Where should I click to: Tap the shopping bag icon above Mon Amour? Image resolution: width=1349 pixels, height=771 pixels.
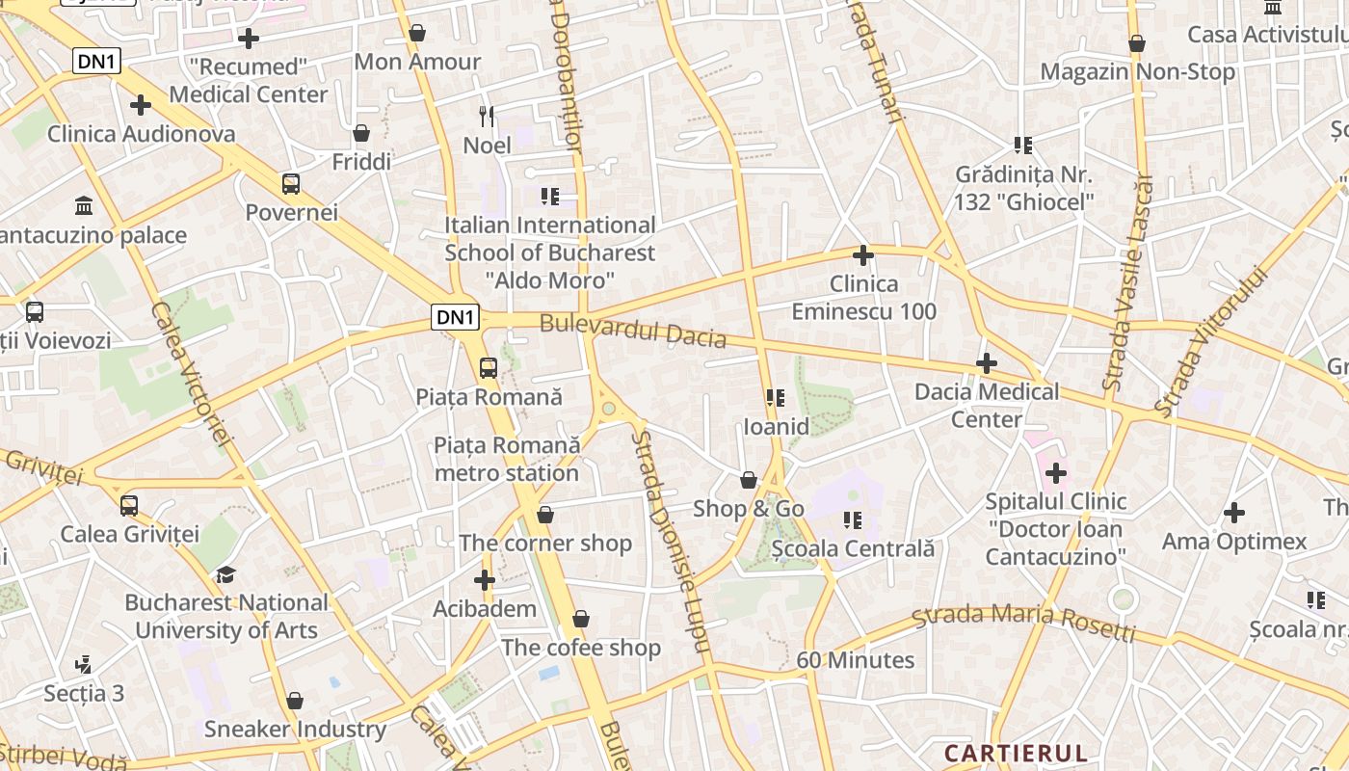[417, 34]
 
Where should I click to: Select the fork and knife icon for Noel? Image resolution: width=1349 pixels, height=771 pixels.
[487, 117]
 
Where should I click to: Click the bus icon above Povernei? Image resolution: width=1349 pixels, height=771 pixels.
[290, 183]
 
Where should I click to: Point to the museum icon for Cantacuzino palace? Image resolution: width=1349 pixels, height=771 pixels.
[84, 206]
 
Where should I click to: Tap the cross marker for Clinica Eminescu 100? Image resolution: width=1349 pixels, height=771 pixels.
[863, 255]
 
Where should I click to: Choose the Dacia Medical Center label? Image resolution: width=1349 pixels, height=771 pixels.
[986, 405]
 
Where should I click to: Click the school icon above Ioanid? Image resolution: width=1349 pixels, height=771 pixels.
[776, 397]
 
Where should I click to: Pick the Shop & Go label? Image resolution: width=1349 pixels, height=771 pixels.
[749, 509]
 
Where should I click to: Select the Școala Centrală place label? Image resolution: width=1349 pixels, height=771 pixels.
[853, 548]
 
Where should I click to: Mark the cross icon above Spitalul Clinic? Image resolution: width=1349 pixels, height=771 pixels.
[1056, 473]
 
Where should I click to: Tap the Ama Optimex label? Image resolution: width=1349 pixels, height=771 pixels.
[1234, 541]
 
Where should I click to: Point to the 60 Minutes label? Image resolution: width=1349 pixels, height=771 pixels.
[856, 660]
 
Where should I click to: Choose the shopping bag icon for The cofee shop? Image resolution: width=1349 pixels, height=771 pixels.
[580, 619]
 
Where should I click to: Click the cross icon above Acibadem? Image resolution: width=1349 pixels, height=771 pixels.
[485, 580]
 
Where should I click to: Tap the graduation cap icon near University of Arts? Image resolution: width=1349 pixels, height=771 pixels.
[225, 574]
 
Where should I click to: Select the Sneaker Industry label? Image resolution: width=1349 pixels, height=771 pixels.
[295, 729]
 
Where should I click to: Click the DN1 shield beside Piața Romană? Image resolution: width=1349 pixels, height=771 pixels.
[455, 317]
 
